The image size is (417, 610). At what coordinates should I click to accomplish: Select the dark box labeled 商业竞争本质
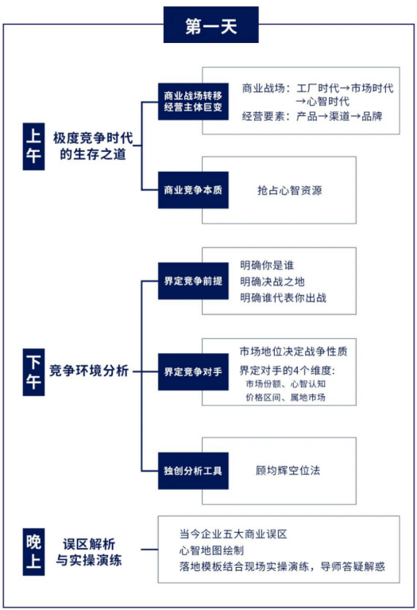click(x=195, y=190)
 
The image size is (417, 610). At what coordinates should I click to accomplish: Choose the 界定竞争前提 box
click(x=195, y=282)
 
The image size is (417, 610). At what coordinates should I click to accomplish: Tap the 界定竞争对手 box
click(x=195, y=371)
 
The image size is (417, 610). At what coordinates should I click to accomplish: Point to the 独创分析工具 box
click(x=195, y=470)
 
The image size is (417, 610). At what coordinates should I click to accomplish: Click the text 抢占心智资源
click(x=290, y=191)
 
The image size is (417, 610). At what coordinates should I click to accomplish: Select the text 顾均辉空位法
click(x=288, y=470)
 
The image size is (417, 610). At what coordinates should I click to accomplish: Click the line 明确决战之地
click(x=272, y=282)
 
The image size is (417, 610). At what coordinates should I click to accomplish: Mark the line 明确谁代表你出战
click(x=284, y=298)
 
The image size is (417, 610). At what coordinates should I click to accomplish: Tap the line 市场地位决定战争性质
click(x=293, y=351)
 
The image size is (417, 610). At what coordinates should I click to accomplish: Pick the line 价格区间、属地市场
click(x=285, y=397)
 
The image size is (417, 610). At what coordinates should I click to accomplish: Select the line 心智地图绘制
click(x=211, y=550)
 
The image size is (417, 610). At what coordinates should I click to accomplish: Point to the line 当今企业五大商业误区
click(x=234, y=534)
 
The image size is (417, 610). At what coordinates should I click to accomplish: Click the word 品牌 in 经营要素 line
click(x=371, y=116)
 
